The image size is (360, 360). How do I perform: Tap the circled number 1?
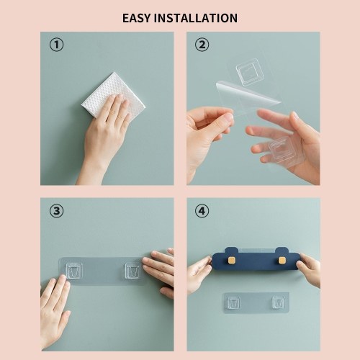click(57, 45)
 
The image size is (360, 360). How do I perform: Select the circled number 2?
click(202, 45)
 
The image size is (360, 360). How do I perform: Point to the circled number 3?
click(57, 211)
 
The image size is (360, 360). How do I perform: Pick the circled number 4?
click(202, 211)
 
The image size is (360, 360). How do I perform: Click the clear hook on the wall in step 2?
click(250, 72)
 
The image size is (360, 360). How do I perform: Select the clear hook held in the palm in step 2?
click(282, 149)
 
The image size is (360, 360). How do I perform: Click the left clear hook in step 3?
click(74, 271)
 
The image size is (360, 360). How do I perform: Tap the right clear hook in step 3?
click(133, 271)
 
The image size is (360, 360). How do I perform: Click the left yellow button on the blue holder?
click(232, 260)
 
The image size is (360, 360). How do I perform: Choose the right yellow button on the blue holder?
click(282, 260)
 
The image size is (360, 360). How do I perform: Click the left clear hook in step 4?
click(233, 303)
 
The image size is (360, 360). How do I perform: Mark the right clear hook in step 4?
click(279, 302)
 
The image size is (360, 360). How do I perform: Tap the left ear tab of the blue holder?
click(232, 251)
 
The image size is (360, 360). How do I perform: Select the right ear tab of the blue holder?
click(282, 251)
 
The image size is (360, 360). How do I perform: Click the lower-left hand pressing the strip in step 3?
click(55, 312)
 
